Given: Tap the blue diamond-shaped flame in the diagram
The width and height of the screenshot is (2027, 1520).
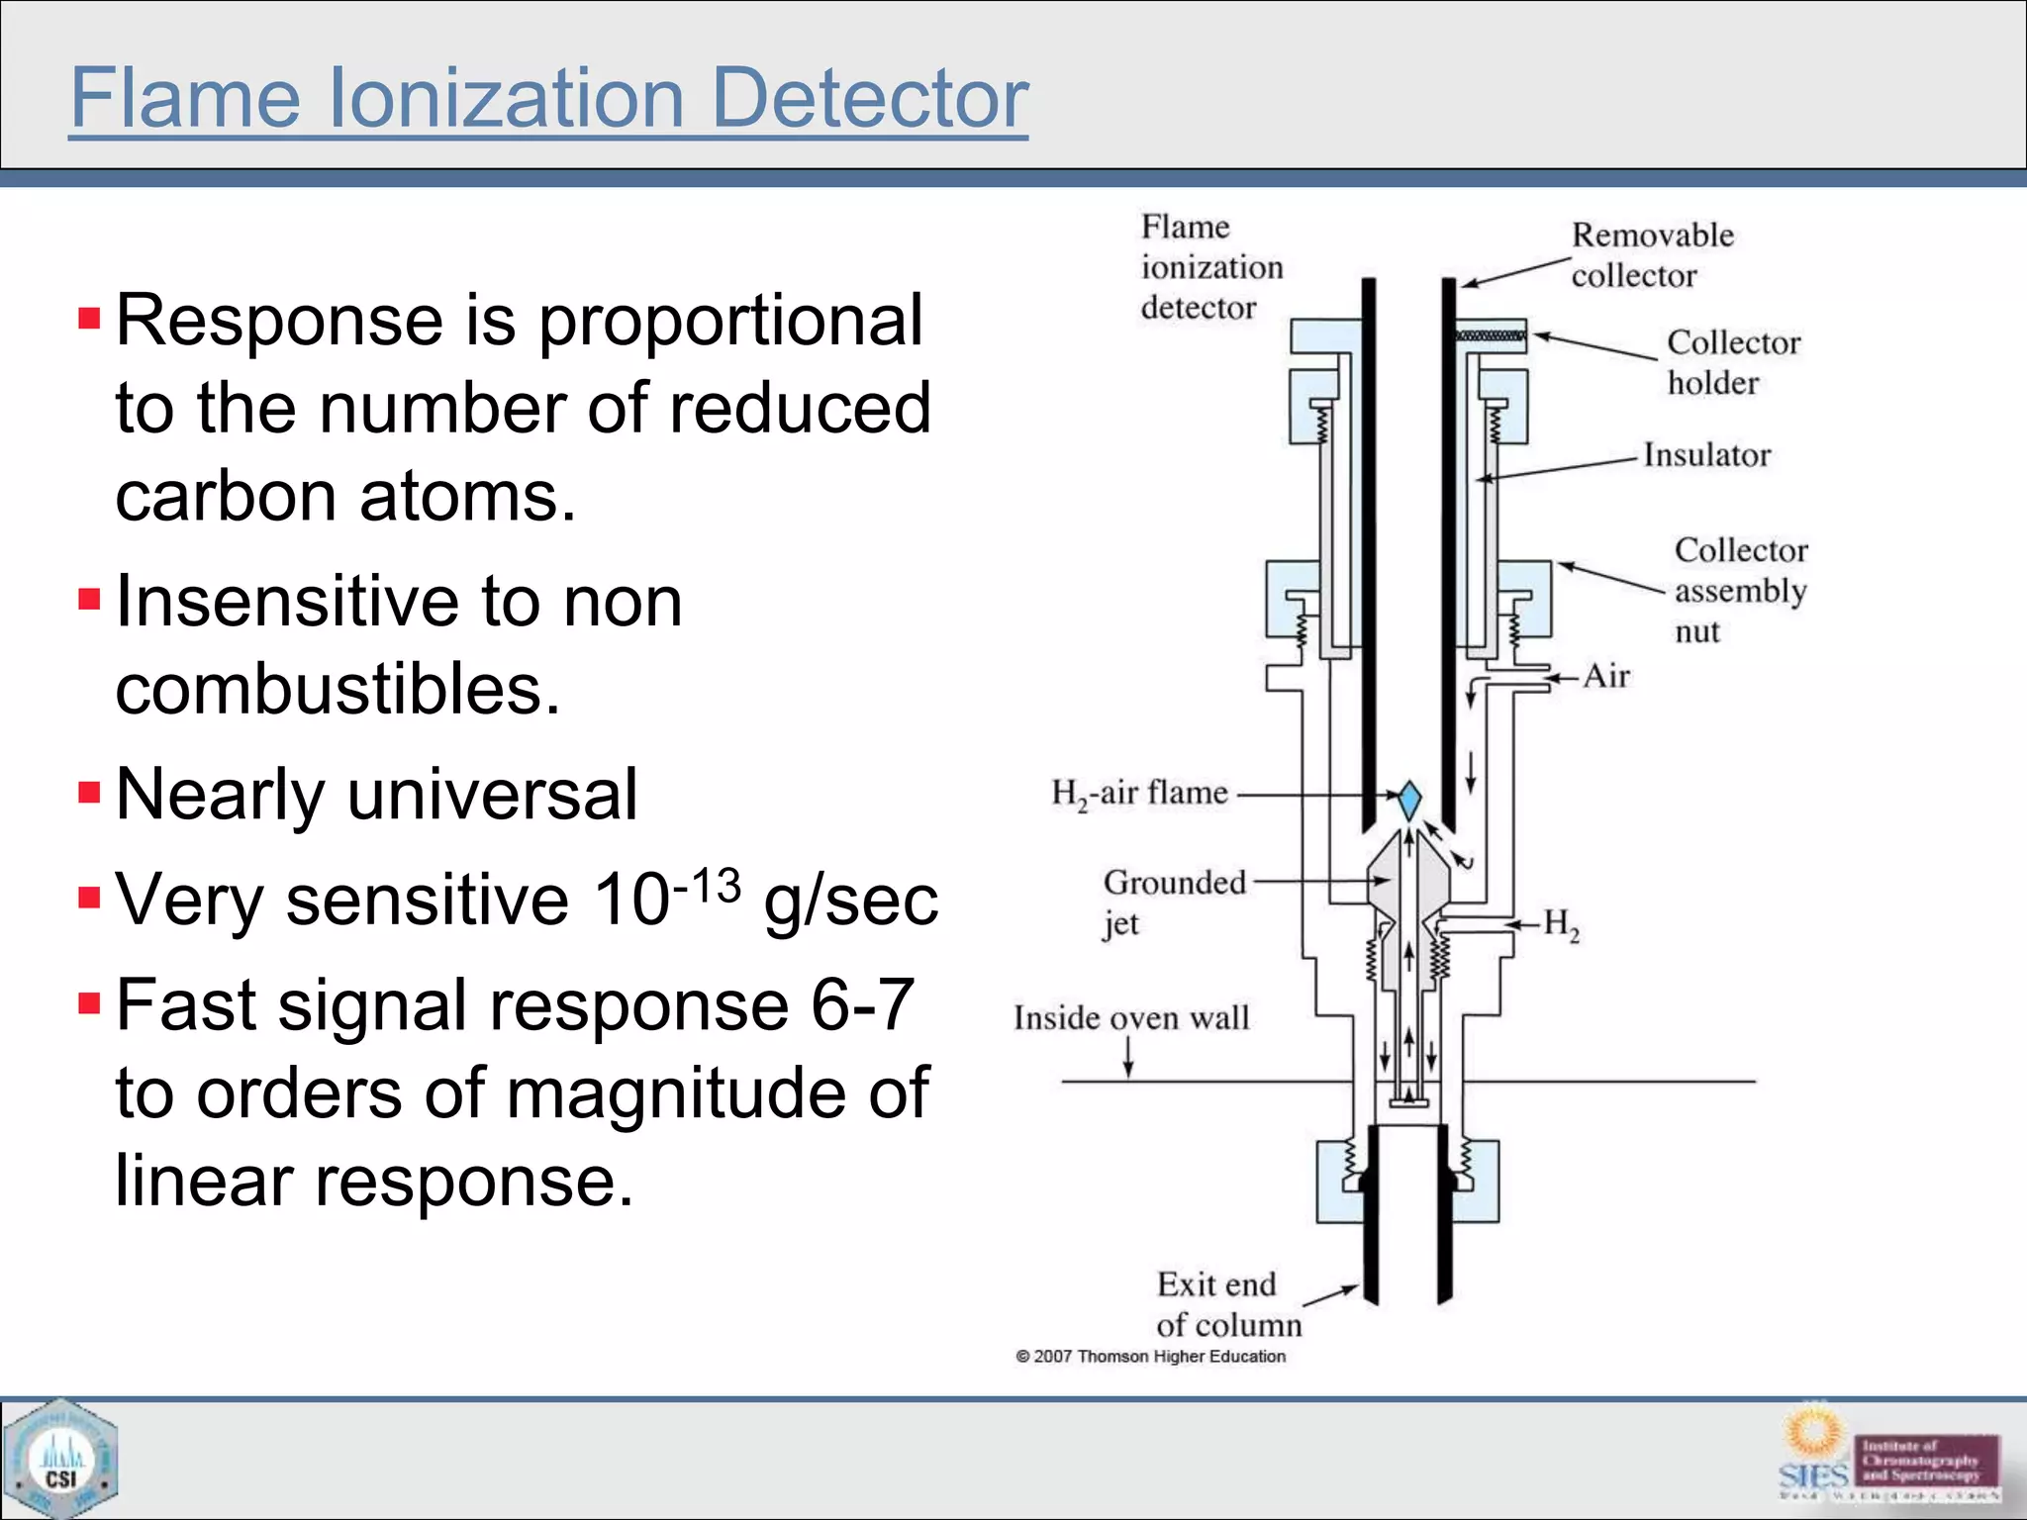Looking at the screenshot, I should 1408,799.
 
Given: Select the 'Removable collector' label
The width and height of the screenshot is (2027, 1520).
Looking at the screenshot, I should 1652,255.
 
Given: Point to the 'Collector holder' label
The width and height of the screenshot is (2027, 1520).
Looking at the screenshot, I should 1733,362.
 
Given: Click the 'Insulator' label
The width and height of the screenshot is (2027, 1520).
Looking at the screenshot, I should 1706,455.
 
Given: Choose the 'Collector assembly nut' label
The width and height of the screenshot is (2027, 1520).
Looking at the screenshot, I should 1740,590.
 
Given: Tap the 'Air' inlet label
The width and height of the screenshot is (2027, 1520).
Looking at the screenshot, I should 1605,676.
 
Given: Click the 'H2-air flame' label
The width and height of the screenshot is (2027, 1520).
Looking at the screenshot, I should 1139,794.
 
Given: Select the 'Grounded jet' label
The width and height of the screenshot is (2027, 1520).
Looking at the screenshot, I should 1173,902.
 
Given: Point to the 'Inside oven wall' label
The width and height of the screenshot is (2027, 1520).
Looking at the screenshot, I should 1131,1018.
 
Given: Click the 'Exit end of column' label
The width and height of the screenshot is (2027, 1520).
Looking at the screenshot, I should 1228,1304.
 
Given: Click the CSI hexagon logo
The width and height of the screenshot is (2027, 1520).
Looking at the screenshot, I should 60,1459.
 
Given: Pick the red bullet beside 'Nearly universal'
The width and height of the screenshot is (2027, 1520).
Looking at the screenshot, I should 90,793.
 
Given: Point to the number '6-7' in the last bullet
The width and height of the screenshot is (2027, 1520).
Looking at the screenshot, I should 862,1005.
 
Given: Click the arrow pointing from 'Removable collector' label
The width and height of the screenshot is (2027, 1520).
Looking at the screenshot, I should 1515,271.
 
